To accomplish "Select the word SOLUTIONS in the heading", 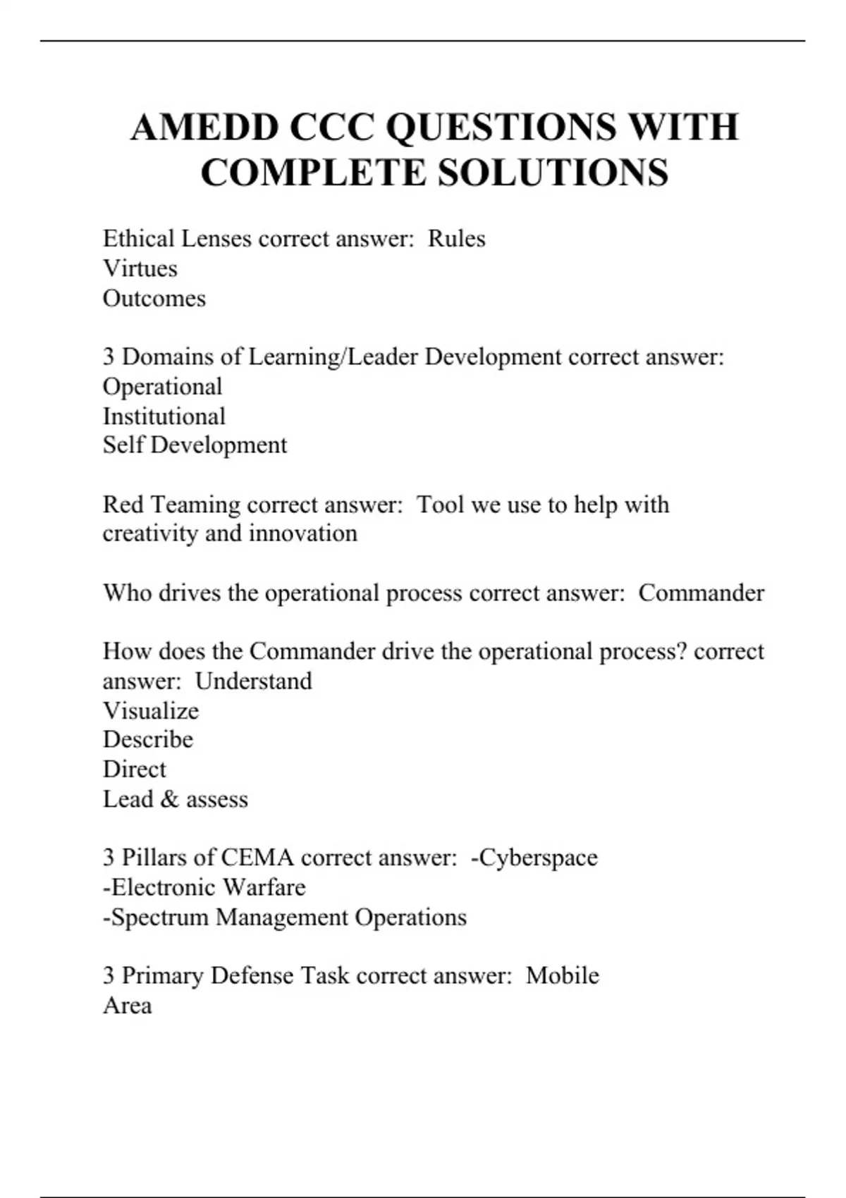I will pyautogui.click(x=553, y=173).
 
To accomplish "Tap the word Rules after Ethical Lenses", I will pyautogui.click(x=456, y=239).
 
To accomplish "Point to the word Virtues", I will pyautogui.click(x=140, y=268).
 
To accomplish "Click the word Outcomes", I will pyautogui.click(x=154, y=299).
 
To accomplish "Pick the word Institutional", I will pyautogui.click(x=164, y=416).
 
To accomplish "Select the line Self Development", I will pyautogui.click(x=195, y=445).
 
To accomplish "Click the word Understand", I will pyautogui.click(x=253, y=681).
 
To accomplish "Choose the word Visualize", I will pyautogui.click(x=150, y=710).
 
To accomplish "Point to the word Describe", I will pyautogui.click(x=147, y=739).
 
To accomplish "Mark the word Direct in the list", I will pyautogui.click(x=134, y=769).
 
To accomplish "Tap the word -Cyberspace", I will pyautogui.click(x=534, y=858).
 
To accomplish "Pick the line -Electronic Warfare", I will pyautogui.click(x=204, y=887).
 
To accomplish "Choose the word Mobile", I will pyautogui.click(x=562, y=976).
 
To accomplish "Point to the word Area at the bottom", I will pyautogui.click(x=127, y=1006).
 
